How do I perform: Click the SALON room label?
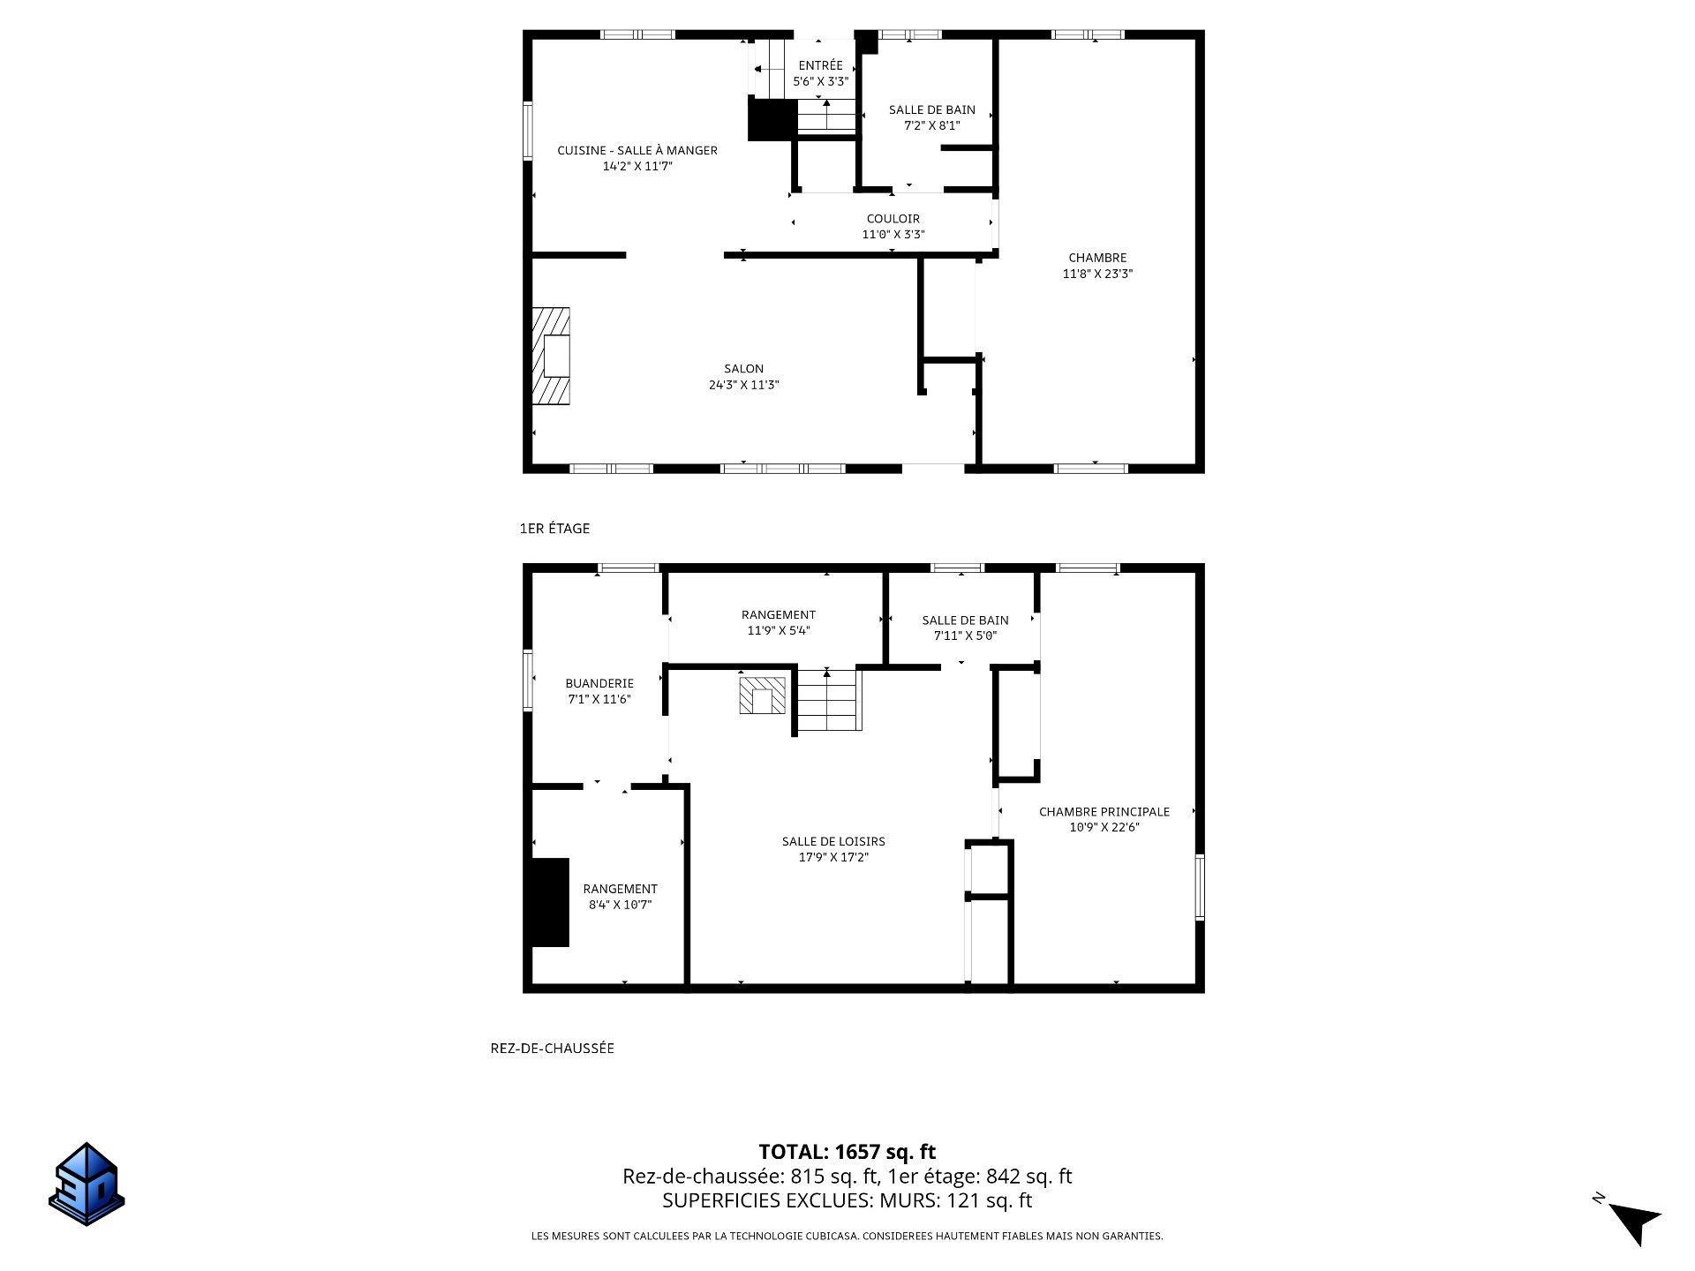(744, 369)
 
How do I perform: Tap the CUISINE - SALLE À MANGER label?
(637, 151)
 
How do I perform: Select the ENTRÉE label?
(821, 65)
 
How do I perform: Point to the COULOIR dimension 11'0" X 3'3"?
(893, 235)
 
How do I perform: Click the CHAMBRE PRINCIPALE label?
(1104, 812)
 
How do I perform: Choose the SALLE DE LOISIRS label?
(833, 842)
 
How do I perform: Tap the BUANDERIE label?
(599, 683)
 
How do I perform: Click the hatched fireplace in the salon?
(551, 356)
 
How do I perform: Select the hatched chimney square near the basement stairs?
(763, 696)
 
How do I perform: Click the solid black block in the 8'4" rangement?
(548, 902)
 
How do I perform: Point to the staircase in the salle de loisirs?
(829, 700)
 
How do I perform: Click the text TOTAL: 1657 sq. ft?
(847, 1152)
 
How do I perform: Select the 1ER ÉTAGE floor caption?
(554, 529)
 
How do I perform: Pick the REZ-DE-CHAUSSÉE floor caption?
(553, 1049)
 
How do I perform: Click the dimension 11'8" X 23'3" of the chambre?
(1097, 274)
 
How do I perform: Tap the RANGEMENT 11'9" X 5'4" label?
(779, 623)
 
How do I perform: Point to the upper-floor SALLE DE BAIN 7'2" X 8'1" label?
(932, 117)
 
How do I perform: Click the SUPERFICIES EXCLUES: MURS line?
(847, 1200)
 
